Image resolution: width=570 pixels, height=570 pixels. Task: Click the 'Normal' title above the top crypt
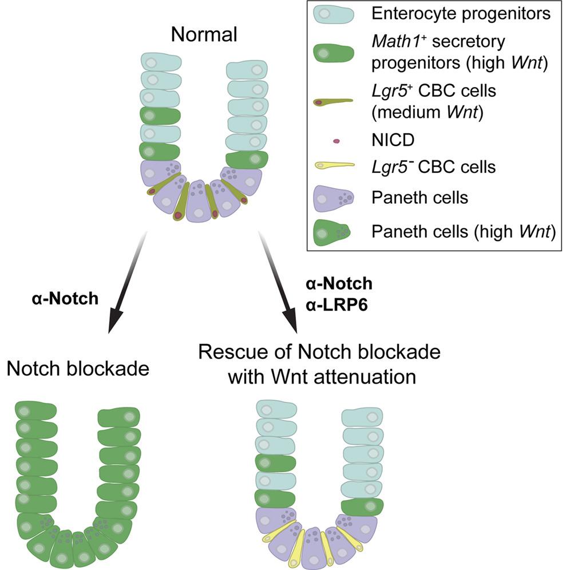[205, 35]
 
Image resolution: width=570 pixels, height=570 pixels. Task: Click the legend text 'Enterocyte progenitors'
[461, 14]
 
